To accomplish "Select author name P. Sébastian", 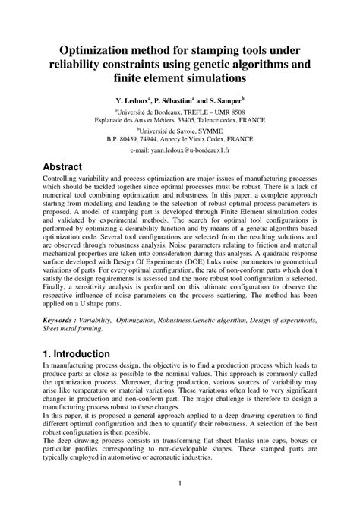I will click(178, 100).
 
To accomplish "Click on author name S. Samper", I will click(225, 100).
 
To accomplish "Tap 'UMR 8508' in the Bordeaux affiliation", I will click(233, 111).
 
